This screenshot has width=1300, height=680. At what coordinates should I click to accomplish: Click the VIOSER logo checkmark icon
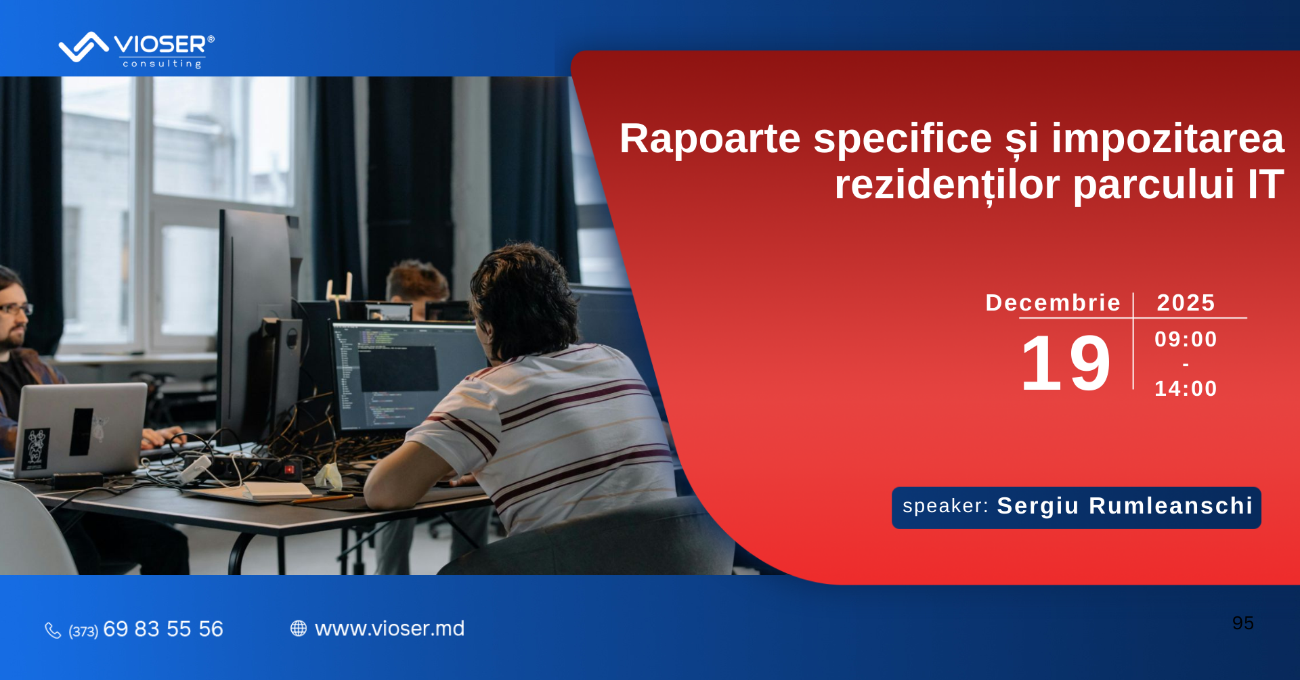pos(83,47)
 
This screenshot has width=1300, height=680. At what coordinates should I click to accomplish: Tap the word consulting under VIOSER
pos(162,64)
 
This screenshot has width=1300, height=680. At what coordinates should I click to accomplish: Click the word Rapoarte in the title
pos(710,139)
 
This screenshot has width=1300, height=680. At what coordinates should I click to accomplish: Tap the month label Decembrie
pos(1053,302)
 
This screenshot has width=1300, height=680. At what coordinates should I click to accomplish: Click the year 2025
pos(1186,302)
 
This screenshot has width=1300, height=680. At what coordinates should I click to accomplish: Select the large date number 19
pos(1066,363)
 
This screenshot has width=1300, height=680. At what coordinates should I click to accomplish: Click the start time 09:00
pos(1186,339)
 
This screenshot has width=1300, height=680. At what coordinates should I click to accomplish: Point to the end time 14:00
pos(1186,388)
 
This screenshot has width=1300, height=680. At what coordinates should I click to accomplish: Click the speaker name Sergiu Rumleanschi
pos(1125,506)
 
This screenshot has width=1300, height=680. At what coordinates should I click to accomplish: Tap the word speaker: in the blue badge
pos(945,506)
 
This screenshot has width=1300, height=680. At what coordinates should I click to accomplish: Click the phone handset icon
pos(53,630)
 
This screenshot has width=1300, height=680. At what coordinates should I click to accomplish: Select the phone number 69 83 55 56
pos(163,629)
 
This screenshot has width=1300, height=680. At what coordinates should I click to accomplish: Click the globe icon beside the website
pos(299,629)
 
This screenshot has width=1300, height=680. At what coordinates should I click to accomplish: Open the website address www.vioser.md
pos(390,629)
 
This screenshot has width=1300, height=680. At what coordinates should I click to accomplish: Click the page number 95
pos(1243,623)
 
